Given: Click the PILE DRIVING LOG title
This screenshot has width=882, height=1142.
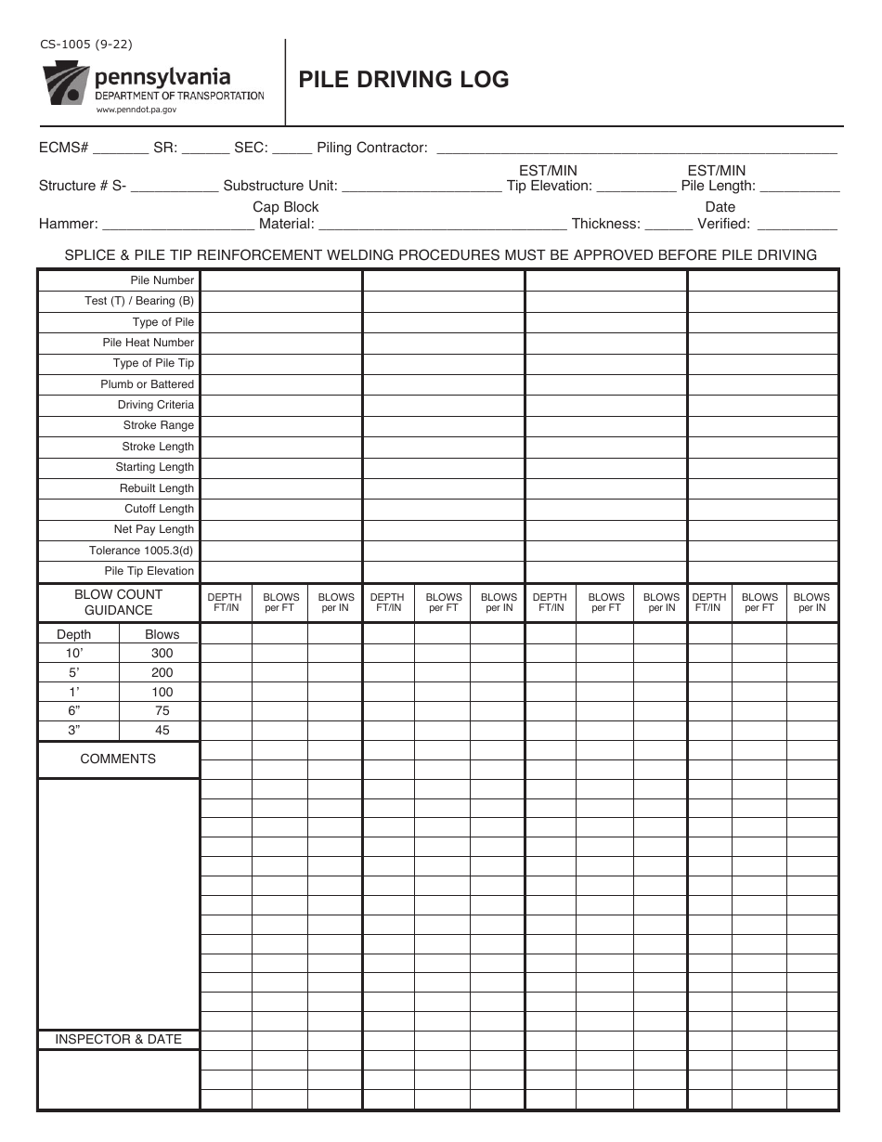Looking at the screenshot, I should coord(403,80).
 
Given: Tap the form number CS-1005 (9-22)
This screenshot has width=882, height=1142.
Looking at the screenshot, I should coord(79,45).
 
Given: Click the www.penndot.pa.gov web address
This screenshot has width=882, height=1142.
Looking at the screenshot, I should coord(136,110).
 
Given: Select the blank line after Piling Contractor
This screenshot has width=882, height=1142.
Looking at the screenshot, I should coord(636,148).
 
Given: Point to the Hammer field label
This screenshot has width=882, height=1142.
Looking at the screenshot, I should coord(68,224).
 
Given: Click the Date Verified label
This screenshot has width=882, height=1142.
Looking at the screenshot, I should coord(720,215).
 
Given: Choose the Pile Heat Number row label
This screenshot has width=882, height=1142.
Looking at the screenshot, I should coord(148,343).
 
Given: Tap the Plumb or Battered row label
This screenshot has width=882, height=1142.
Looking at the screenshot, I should coord(147,384).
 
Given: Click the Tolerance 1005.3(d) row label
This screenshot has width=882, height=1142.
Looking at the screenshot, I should coord(141,551).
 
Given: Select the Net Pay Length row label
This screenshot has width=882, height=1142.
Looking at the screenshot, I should coord(153,529).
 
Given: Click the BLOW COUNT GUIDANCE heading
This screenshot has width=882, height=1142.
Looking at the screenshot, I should coord(118,602).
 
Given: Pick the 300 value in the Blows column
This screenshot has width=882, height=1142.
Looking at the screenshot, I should coord(162,653).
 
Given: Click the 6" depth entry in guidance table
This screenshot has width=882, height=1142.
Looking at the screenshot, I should coord(74,710).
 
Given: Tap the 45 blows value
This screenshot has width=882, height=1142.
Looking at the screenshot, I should coord(162,730).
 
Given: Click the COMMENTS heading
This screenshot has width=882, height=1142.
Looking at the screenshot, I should coord(118,759).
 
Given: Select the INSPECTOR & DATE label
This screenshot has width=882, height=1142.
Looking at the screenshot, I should coord(118,1039).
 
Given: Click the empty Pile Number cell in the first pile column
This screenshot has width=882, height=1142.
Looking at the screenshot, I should coord(280,280).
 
